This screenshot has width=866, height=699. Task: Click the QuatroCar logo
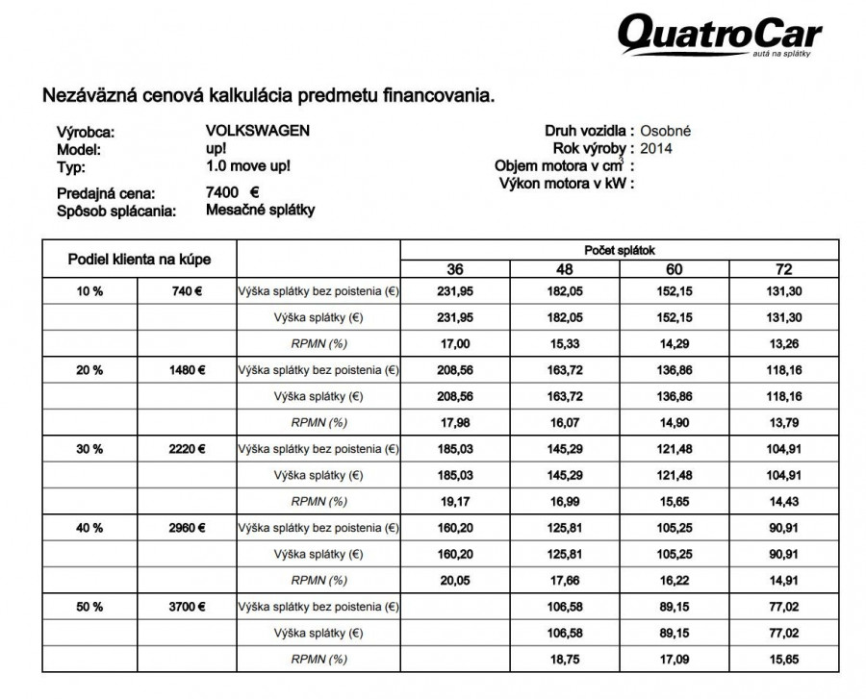coord(719,37)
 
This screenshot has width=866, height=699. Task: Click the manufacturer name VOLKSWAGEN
coord(259,131)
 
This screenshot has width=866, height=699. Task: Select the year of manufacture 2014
coord(656,148)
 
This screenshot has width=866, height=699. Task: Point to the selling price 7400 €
coord(234,192)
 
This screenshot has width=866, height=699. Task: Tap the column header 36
coord(457,268)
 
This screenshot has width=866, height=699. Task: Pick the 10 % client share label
coord(92,290)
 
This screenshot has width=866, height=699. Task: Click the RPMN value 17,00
coord(457,343)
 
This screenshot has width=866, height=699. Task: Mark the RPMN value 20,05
coord(457,580)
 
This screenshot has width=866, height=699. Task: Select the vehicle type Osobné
coord(666,131)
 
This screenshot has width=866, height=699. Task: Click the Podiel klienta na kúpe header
coord(139,260)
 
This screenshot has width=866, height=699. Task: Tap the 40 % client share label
coord(92,528)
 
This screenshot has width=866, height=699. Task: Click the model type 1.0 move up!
coord(248,165)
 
